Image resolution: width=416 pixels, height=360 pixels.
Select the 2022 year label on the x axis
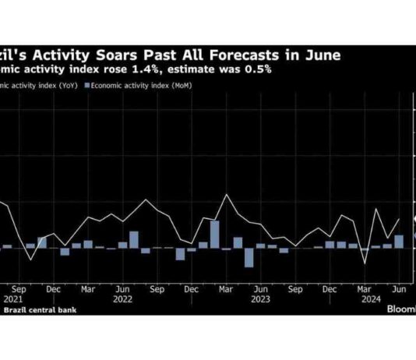pos(122,297)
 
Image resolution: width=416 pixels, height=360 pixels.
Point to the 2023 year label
pos(263,297)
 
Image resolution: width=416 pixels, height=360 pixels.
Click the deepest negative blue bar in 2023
pos(249,257)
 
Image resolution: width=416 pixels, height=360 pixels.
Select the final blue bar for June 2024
pos(400,242)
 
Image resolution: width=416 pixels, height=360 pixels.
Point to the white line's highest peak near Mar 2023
pos(226,195)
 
